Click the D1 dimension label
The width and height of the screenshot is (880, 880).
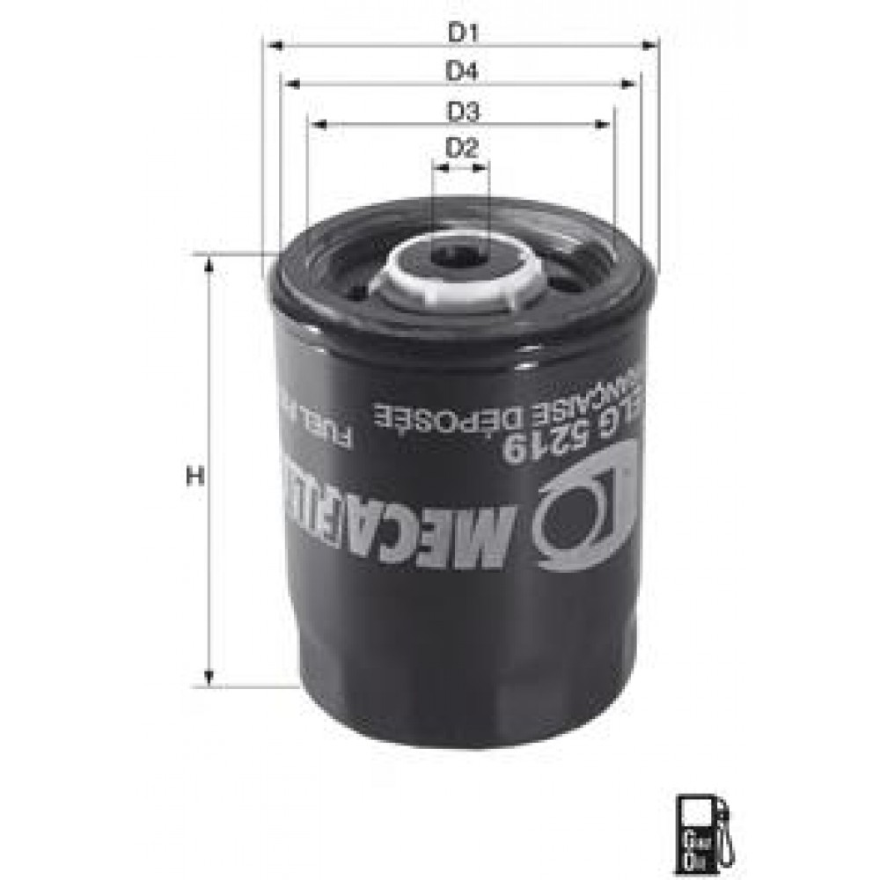coord(461,33)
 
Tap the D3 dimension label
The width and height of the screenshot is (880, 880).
coord(461,113)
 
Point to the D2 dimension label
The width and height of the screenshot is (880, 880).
coord(461,148)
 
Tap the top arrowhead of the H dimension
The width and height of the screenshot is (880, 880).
coord(209,265)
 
